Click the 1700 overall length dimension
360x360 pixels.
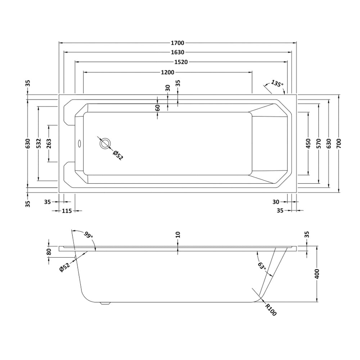(178, 43)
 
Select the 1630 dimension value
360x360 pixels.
(178, 52)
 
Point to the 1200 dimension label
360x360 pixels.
(167, 72)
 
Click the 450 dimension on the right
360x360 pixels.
(308, 143)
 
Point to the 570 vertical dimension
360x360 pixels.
(319, 143)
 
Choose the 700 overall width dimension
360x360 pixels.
(339, 143)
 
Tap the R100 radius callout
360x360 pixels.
(271, 310)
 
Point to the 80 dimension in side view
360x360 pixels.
(49, 251)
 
